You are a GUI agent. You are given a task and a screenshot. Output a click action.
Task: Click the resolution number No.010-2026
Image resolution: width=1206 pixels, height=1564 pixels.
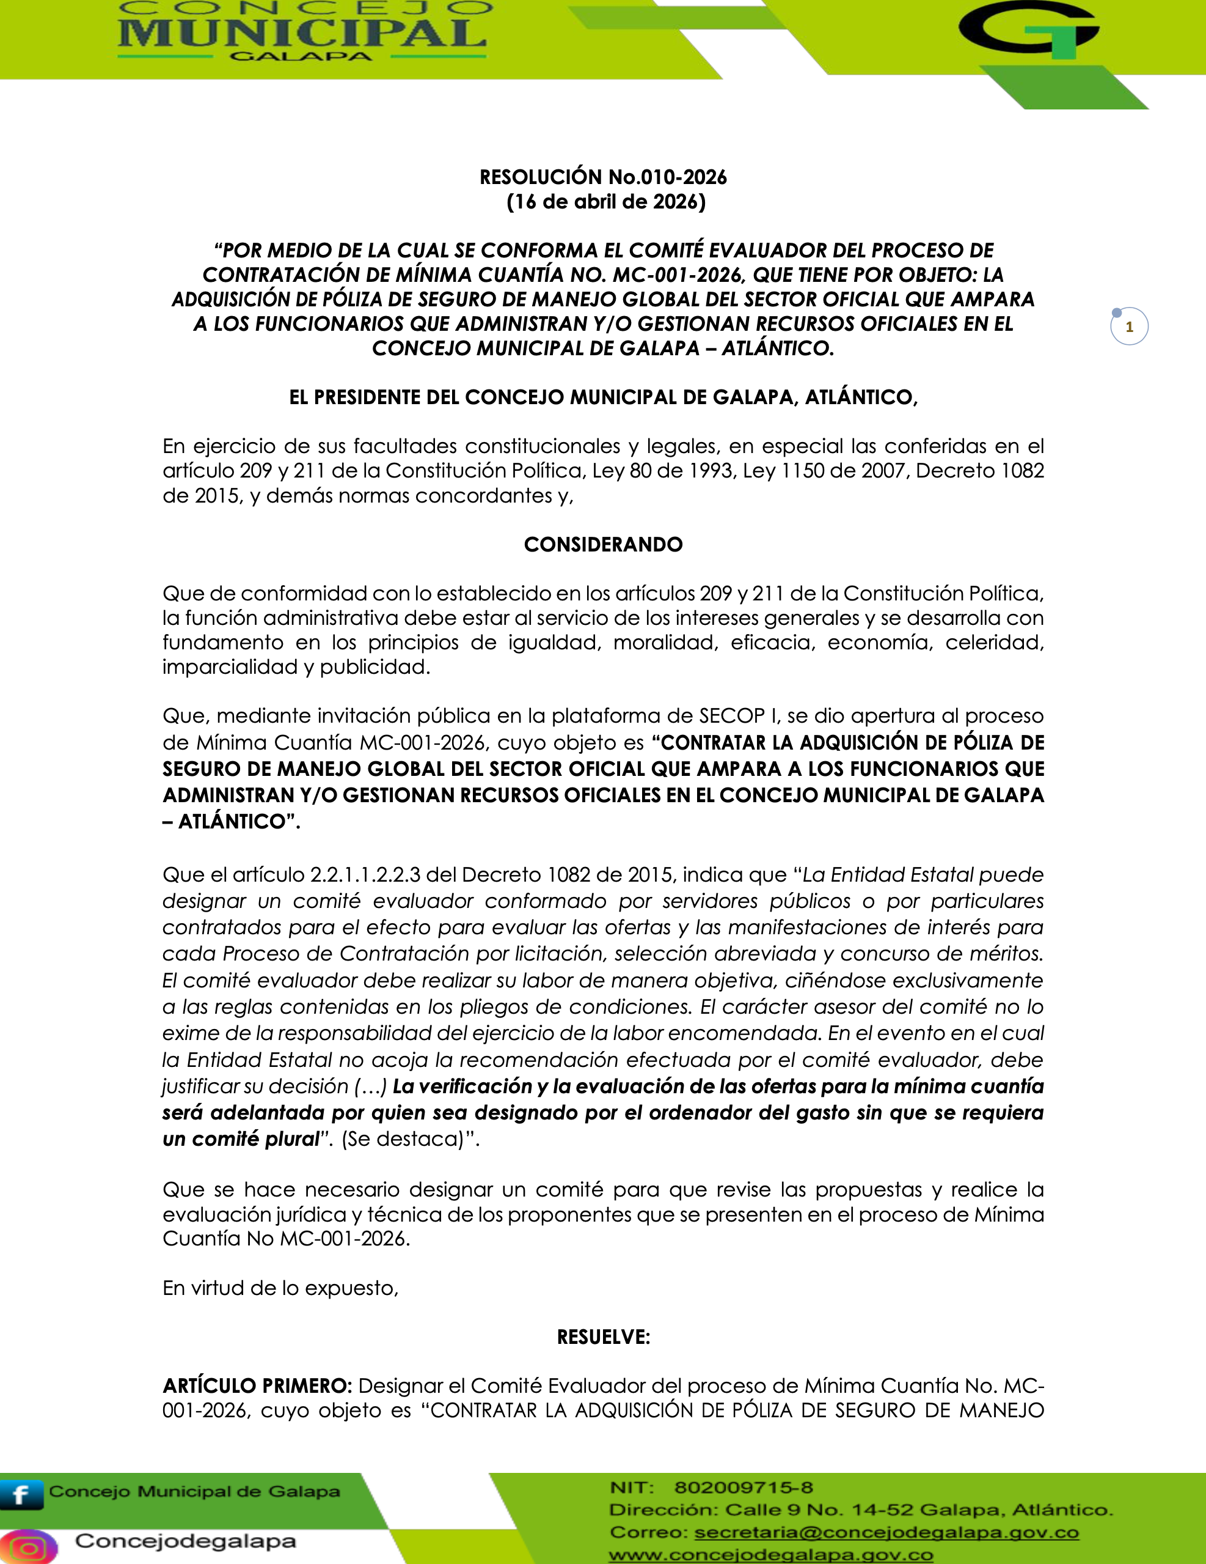667,177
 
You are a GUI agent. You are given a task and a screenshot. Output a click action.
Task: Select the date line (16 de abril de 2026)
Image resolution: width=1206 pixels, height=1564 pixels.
606,202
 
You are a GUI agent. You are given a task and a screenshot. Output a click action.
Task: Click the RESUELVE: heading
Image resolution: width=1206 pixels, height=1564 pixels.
604,1337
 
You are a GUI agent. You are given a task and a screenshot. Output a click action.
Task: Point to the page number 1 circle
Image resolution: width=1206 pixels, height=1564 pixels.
1128,327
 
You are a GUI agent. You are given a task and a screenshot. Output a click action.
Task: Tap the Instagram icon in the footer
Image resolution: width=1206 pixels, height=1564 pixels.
29,1546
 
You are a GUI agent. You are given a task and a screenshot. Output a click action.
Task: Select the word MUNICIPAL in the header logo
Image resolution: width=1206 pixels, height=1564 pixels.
302,33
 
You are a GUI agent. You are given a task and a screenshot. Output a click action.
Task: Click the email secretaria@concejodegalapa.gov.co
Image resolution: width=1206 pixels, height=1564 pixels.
886,1532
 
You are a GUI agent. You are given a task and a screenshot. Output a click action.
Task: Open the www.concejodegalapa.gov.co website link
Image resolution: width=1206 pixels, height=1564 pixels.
771,1555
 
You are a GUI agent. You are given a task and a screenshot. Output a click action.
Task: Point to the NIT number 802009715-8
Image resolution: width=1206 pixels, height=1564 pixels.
743,1488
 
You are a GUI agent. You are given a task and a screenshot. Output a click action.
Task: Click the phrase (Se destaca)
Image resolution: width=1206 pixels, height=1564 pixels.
406,1138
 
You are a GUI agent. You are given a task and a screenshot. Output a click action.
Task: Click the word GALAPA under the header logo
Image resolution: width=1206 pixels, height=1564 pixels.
301,57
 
